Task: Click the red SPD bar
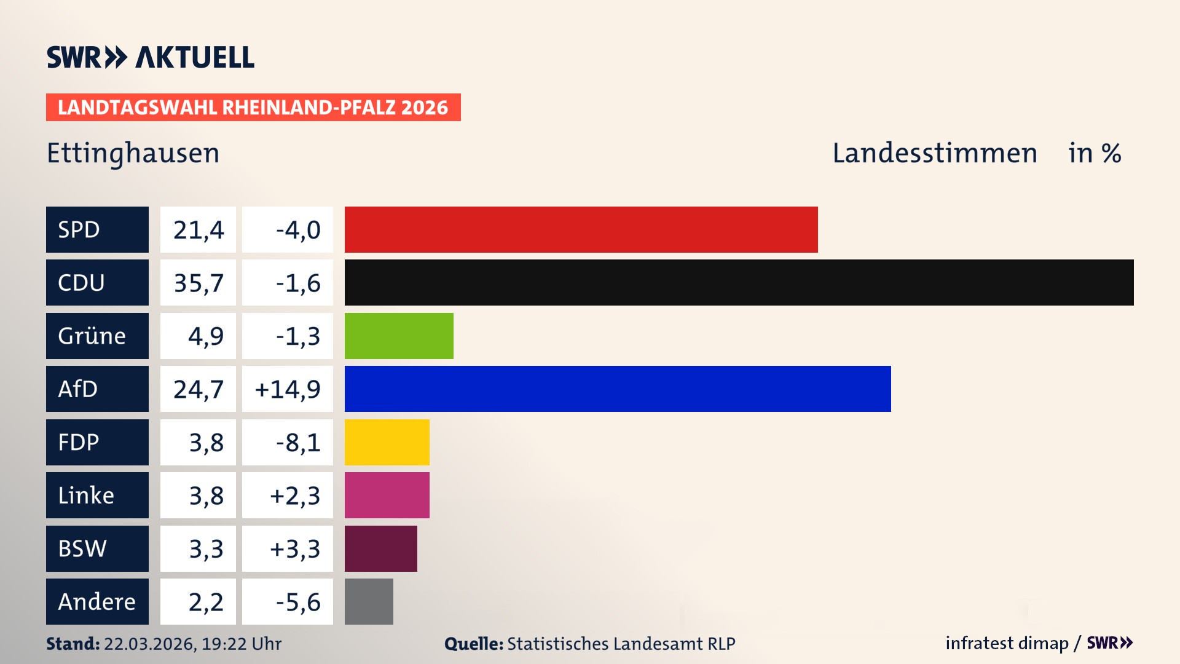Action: point(581,229)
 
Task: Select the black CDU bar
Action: point(739,283)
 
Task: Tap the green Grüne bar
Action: point(399,336)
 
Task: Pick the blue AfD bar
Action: point(618,389)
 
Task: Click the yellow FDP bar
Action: point(387,442)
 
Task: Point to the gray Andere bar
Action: point(369,601)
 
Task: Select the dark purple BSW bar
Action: point(380,548)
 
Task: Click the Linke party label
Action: point(86,496)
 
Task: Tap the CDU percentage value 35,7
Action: point(198,283)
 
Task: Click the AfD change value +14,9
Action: point(288,389)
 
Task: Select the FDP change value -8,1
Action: point(298,442)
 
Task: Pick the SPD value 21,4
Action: point(198,229)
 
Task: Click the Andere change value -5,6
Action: point(298,601)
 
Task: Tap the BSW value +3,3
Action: point(295,548)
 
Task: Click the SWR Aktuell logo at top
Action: point(151,57)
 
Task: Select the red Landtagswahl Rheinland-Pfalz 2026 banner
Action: point(253,108)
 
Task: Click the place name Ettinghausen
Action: point(133,153)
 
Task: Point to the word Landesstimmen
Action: point(934,153)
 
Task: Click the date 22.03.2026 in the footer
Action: point(150,644)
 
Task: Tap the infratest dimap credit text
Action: point(1007,643)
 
